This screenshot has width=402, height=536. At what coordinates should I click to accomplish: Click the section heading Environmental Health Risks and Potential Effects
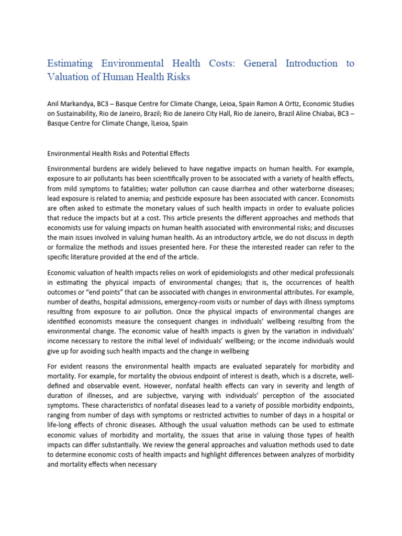point(118,154)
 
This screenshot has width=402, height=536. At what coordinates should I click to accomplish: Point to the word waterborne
point(294,188)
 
